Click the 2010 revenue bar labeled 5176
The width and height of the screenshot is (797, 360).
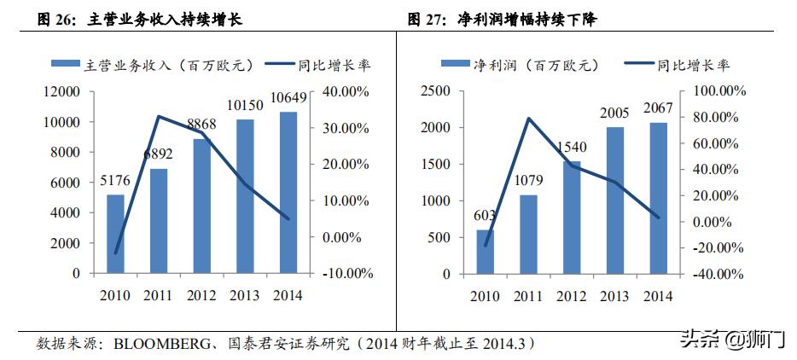[115, 234]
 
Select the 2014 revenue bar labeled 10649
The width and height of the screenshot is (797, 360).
[288, 192]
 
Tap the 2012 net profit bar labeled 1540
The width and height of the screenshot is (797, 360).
[572, 217]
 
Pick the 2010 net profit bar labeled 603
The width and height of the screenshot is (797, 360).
[485, 251]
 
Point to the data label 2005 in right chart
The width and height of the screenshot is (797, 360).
[615, 114]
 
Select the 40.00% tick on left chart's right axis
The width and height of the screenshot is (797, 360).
[346, 92]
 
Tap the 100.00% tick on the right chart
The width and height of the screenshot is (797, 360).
[718, 90]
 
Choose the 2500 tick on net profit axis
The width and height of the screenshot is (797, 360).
[436, 90]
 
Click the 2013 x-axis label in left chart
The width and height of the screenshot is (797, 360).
[246, 295]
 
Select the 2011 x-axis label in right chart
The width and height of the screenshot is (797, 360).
[528, 295]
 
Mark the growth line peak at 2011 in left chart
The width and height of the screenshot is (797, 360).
[159, 116]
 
